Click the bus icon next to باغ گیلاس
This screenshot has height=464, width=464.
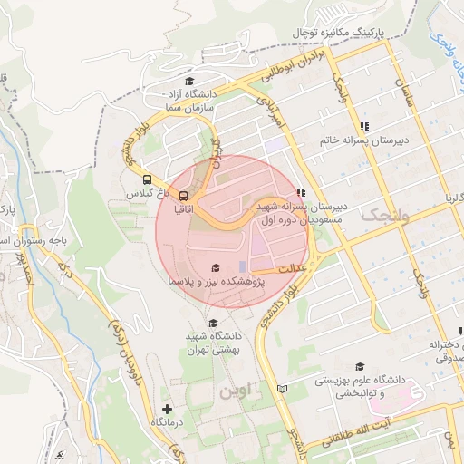148,179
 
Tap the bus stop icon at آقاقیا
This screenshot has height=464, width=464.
184,195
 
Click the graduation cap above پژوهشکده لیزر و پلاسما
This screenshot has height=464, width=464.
215,267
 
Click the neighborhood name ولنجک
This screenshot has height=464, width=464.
386,216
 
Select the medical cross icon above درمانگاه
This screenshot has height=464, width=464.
166,409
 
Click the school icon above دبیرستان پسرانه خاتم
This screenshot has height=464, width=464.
364,126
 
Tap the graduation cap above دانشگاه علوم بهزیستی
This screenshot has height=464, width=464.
360,366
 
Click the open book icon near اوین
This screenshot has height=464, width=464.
282,389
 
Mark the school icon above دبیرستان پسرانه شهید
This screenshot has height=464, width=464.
300,192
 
